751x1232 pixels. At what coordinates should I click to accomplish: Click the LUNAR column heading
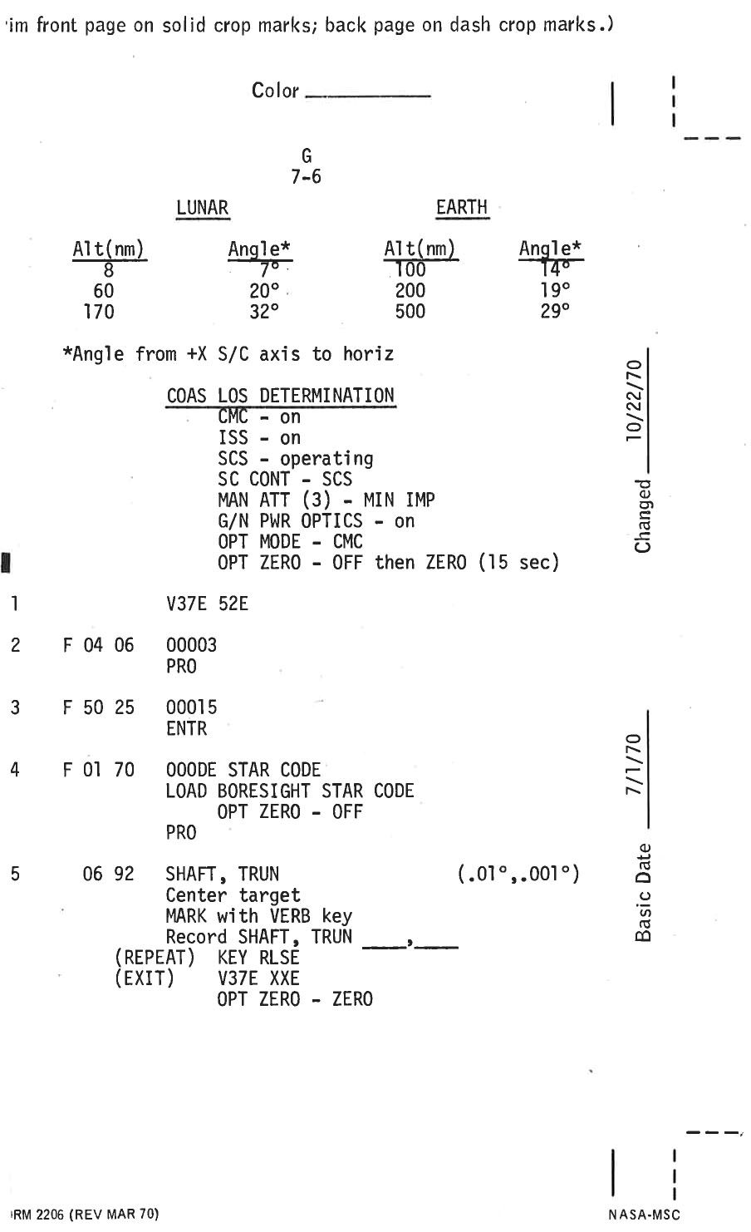tap(202, 208)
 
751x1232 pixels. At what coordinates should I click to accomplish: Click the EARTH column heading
tap(462, 208)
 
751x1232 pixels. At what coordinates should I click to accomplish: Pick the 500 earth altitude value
tap(410, 312)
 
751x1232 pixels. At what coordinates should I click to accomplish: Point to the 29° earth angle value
tap(556, 312)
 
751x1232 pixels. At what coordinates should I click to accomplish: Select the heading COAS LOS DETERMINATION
tap(281, 396)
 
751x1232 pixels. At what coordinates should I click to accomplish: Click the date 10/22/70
tap(636, 399)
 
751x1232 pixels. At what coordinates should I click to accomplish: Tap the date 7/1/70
tap(635, 765)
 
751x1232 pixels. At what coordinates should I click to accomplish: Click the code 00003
tap(192, 645)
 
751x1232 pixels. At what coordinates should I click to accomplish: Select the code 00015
tap(192, 707)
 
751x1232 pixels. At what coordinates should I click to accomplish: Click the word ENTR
tap(186, 729)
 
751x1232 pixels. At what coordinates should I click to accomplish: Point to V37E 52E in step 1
tap(208, 604)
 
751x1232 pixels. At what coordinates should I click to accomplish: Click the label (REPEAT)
tap(155, 958)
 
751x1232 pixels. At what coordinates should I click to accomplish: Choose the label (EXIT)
tap(145, 978)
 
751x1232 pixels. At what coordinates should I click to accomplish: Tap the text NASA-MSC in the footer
tap(644, 1215)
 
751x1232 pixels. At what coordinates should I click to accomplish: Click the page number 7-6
tap(306, 177)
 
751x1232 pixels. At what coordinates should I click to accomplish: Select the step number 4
tap(15, 770)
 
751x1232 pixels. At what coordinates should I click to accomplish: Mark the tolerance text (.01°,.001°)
tap(518, 875)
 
